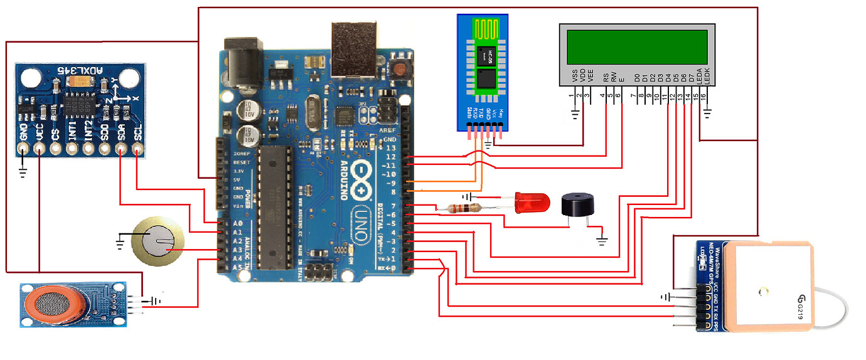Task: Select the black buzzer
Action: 575,204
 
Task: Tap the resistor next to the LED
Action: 465,208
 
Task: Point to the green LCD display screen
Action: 636,47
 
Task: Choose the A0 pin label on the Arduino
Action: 220,223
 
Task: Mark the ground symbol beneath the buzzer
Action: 602,240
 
